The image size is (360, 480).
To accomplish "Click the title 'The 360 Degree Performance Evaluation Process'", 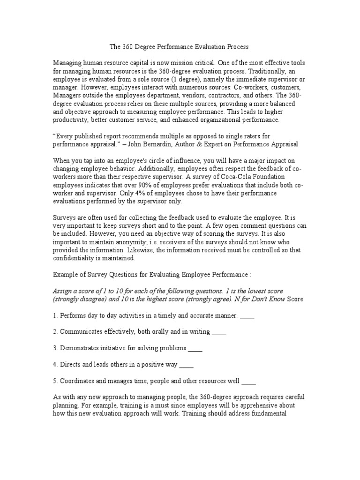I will [179, 47].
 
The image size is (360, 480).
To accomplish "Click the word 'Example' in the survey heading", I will [67, 274].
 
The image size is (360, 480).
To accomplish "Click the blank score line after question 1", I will [247, 316].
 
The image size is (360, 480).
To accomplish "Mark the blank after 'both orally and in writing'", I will [219, 332].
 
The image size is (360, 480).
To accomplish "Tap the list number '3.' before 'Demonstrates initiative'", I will [55, 348].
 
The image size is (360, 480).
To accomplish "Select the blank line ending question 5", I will [248, 381].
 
